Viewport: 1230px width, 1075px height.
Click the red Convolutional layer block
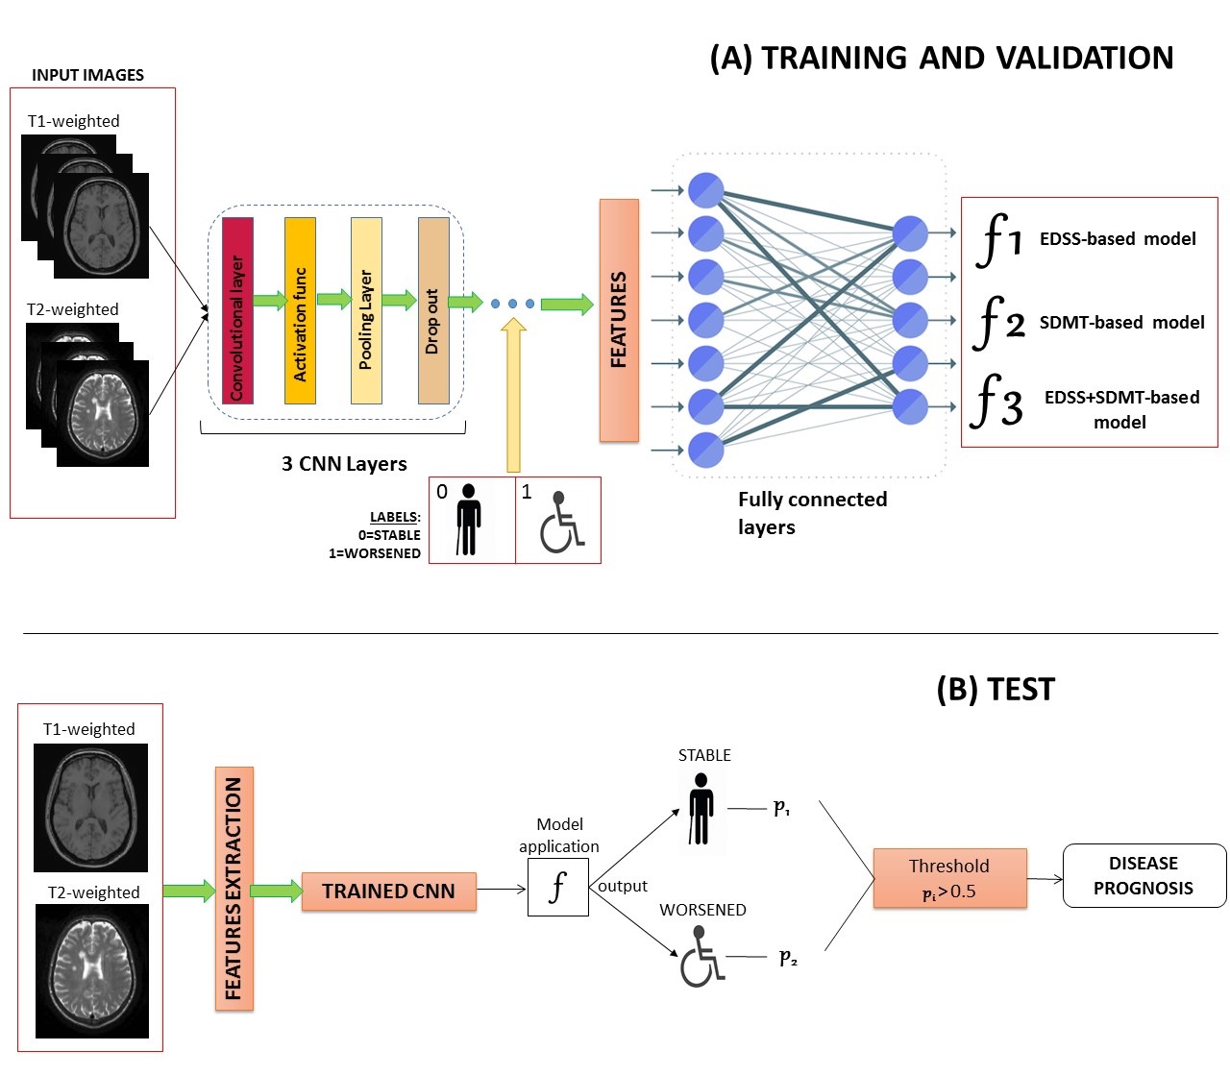click(237, 310)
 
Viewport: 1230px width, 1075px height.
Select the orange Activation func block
click(300, 310)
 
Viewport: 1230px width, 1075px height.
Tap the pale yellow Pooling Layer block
click(366, 310)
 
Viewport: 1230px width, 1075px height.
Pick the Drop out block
click(433, 310)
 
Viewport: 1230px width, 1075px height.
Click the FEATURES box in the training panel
click(619, 320)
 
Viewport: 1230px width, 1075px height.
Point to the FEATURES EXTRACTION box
click(234, 889)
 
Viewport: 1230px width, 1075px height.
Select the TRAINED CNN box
click(388, 892)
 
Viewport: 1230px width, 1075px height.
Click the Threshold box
click(949, 878)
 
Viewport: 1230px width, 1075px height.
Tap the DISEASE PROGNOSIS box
click(1144, 875)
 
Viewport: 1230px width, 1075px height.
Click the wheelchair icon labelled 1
click(561, 524)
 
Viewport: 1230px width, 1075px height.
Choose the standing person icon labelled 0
click(468, 520)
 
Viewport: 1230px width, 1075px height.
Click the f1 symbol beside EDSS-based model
click(998, 238)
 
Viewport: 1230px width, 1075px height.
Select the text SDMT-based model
click(1121, 323)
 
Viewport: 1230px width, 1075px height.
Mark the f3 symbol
click(996, 402)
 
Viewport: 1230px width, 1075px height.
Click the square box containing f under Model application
click(557, 888)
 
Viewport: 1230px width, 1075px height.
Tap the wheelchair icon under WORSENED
click(702, 961)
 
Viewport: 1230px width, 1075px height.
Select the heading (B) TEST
click(996, 690)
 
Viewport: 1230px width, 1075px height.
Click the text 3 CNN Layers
click(344, 464)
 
